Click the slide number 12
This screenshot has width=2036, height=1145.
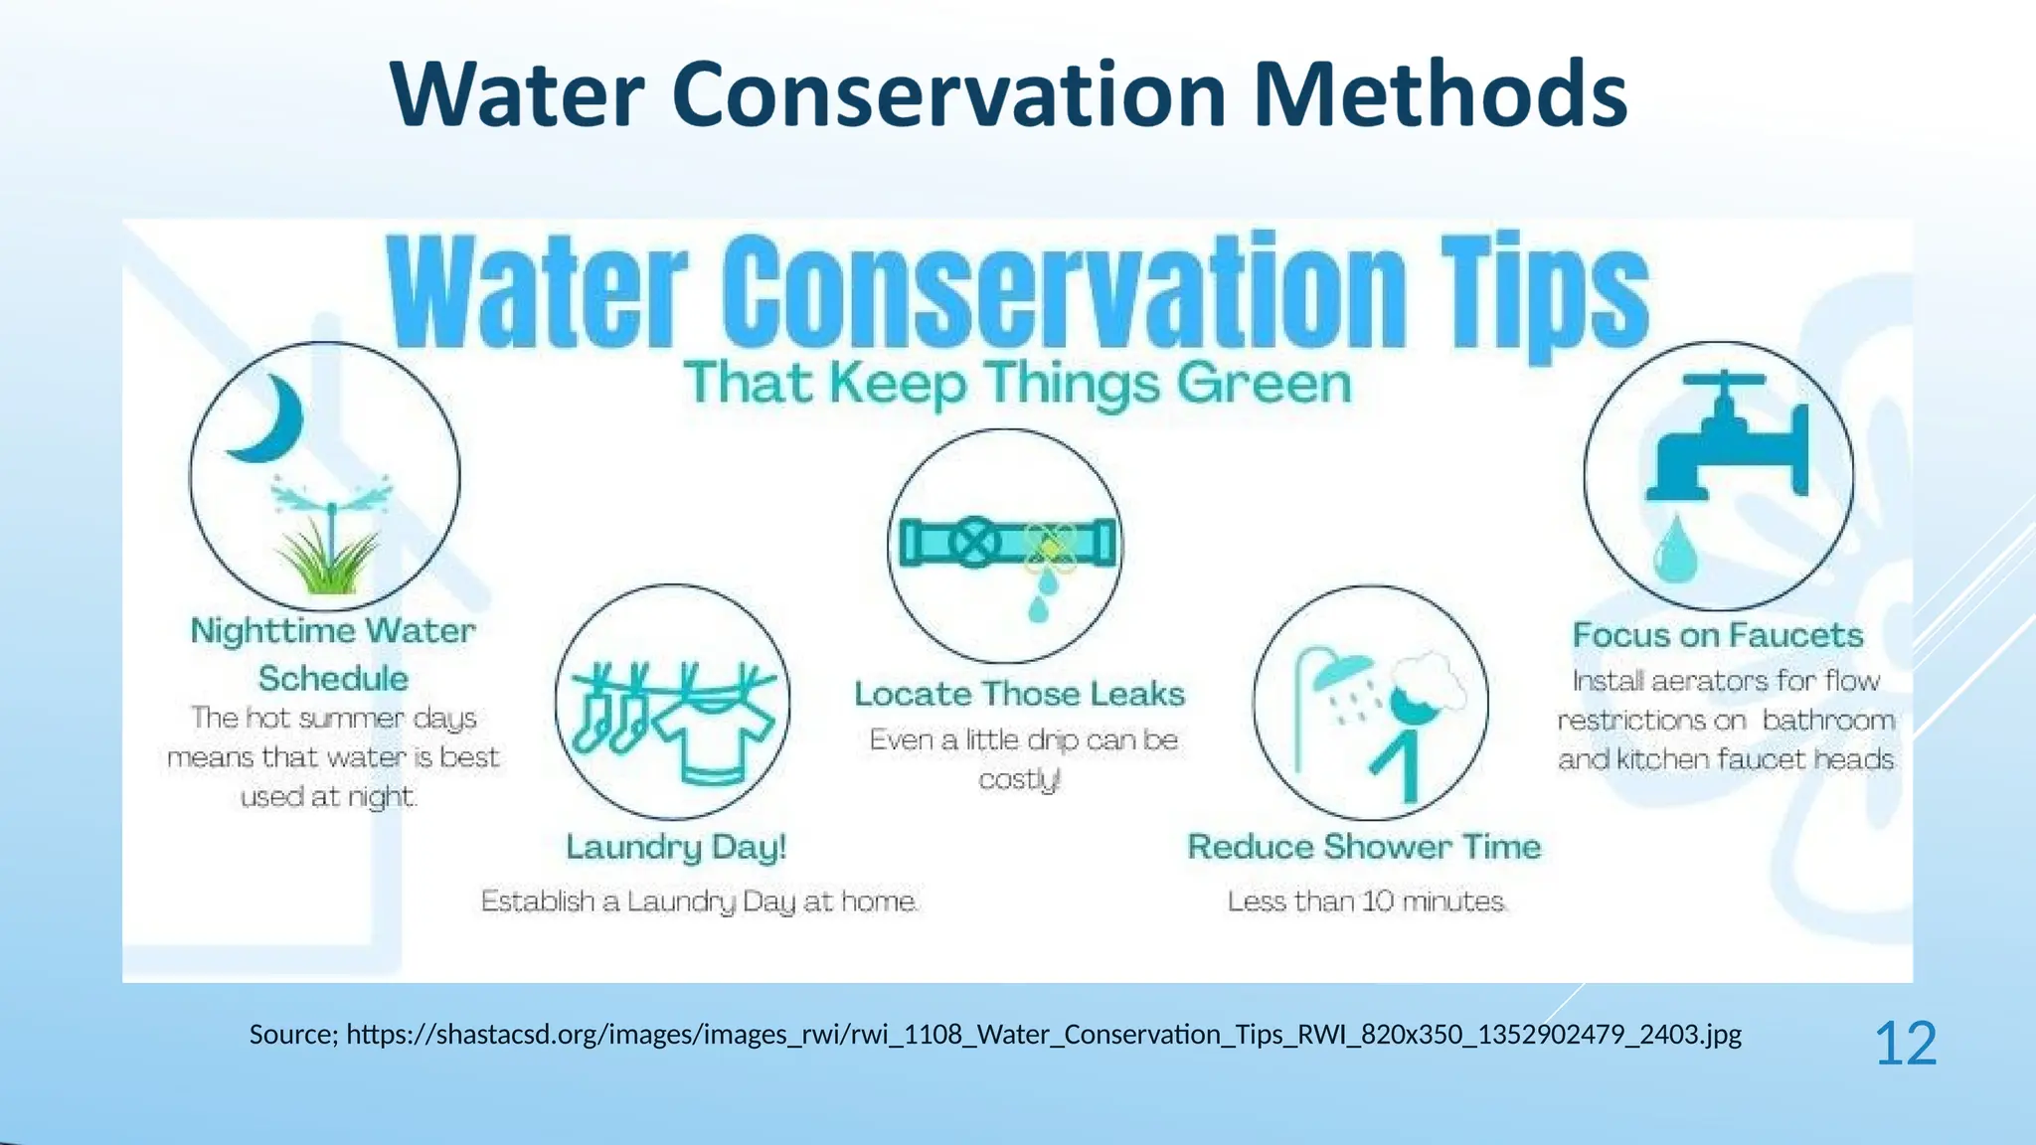click(1905, 1044)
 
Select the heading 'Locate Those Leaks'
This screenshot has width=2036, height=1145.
click(1019, 694)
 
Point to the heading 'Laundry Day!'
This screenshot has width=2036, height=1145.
click(676, 847)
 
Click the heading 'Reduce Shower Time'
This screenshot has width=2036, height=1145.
click(1364, 847)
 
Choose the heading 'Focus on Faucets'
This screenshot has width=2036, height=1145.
click(1717, 635)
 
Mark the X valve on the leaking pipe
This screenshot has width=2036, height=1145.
click(974, 543)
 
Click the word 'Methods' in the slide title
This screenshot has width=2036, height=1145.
click(1440, 95)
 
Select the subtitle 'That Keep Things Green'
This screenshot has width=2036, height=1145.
click(1018, 384)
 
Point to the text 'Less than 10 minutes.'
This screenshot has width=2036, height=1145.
click(1367, 901)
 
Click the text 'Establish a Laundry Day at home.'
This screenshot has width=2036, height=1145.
click(699, 901)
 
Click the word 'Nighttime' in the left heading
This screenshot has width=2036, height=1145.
click(272, 631)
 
